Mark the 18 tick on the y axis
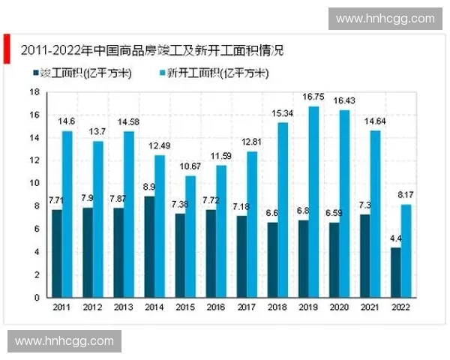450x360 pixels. point(34,91)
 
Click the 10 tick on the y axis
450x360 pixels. point(34,183)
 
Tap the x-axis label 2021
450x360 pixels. point(369,307)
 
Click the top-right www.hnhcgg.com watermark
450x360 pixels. point(385,18)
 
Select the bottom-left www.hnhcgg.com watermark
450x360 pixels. point(64,341)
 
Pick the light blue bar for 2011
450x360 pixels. point(67,214)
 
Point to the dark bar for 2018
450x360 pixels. point(273,259)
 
